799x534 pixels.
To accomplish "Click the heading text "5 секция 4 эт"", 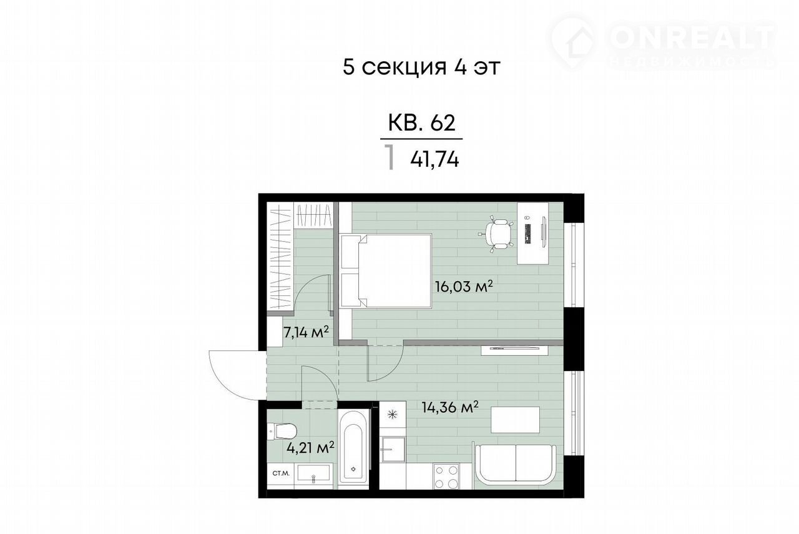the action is tap(421, 67).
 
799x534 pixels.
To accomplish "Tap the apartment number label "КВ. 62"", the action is tap(421, 123).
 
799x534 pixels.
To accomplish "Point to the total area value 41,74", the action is tap(434, 159).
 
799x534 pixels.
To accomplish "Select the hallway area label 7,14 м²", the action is tap(306, 334).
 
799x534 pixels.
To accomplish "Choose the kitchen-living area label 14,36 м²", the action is tap(450, 407).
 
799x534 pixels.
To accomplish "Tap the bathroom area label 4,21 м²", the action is tap(310, 447).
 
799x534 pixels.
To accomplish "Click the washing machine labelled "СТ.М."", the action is tap(280, 474).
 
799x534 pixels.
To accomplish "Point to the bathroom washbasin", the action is tap(313, 473).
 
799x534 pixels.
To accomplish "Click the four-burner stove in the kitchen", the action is tap(446, 477).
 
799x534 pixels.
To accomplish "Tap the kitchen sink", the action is tap(393, 449).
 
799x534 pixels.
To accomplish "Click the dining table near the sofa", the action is tap(515, 420).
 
